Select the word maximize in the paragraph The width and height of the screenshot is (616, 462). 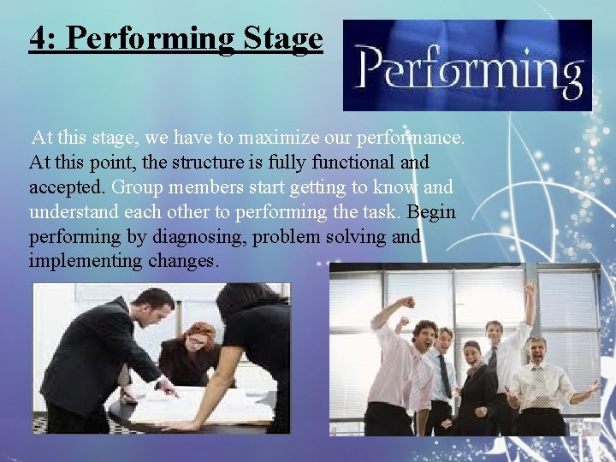[x=276, y=138]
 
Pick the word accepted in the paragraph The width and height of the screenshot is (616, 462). [x=67, y=187]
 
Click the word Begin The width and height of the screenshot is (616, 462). [x=432, y=211]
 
